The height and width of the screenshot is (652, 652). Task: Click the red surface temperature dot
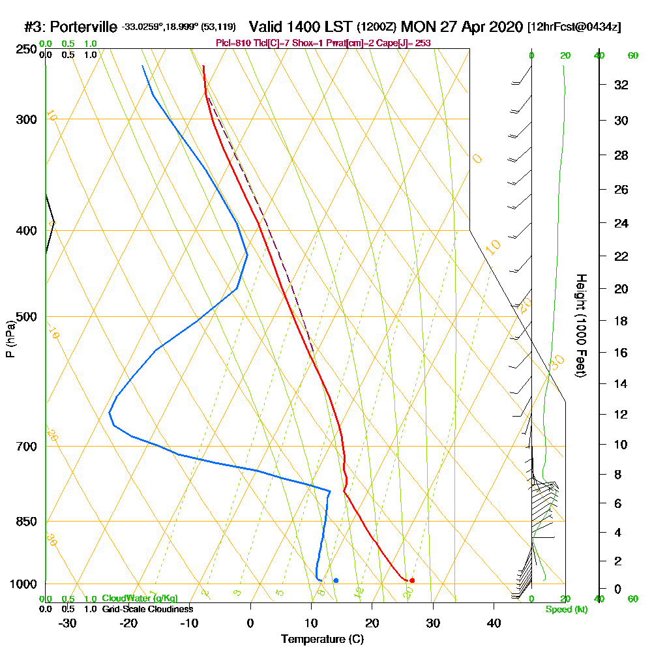click(412, 580)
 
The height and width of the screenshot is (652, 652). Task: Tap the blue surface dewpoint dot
click(336, 580)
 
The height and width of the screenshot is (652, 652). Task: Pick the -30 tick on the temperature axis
click(68, 623)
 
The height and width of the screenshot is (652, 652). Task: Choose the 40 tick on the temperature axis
click(494, 623)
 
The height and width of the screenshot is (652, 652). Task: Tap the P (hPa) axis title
click(10, 339)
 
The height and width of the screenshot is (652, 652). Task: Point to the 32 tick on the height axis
click(620, 85)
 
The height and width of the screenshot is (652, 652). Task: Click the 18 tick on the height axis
click(620, 321)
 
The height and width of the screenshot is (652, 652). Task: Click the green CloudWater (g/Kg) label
click(140, 599)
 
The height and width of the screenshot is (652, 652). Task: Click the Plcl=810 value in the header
click(231, 43)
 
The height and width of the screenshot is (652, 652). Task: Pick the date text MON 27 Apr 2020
click(462, 27)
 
